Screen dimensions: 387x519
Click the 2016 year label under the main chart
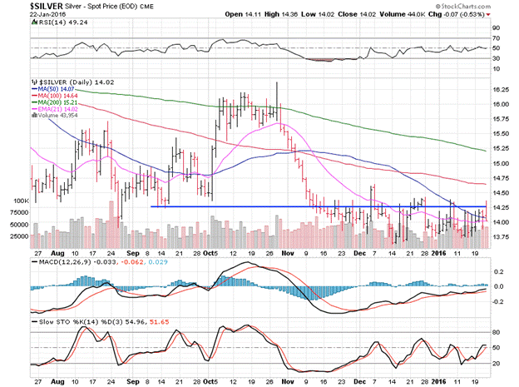coord(439,253)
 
